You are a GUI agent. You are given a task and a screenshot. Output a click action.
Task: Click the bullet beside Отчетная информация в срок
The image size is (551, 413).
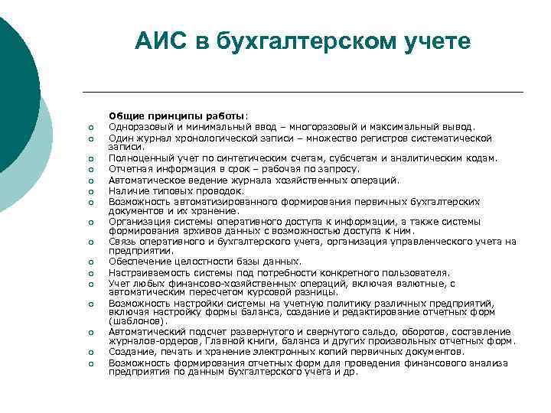pos(90,170)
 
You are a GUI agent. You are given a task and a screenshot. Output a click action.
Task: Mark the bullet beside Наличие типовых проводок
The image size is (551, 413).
pos(90,191)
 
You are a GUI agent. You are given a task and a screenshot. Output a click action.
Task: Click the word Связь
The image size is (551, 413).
pos(122,242)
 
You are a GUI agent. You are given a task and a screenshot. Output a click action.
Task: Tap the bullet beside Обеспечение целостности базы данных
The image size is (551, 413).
pos(90,262)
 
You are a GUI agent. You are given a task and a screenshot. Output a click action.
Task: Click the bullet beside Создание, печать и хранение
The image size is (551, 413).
pos(90,352)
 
